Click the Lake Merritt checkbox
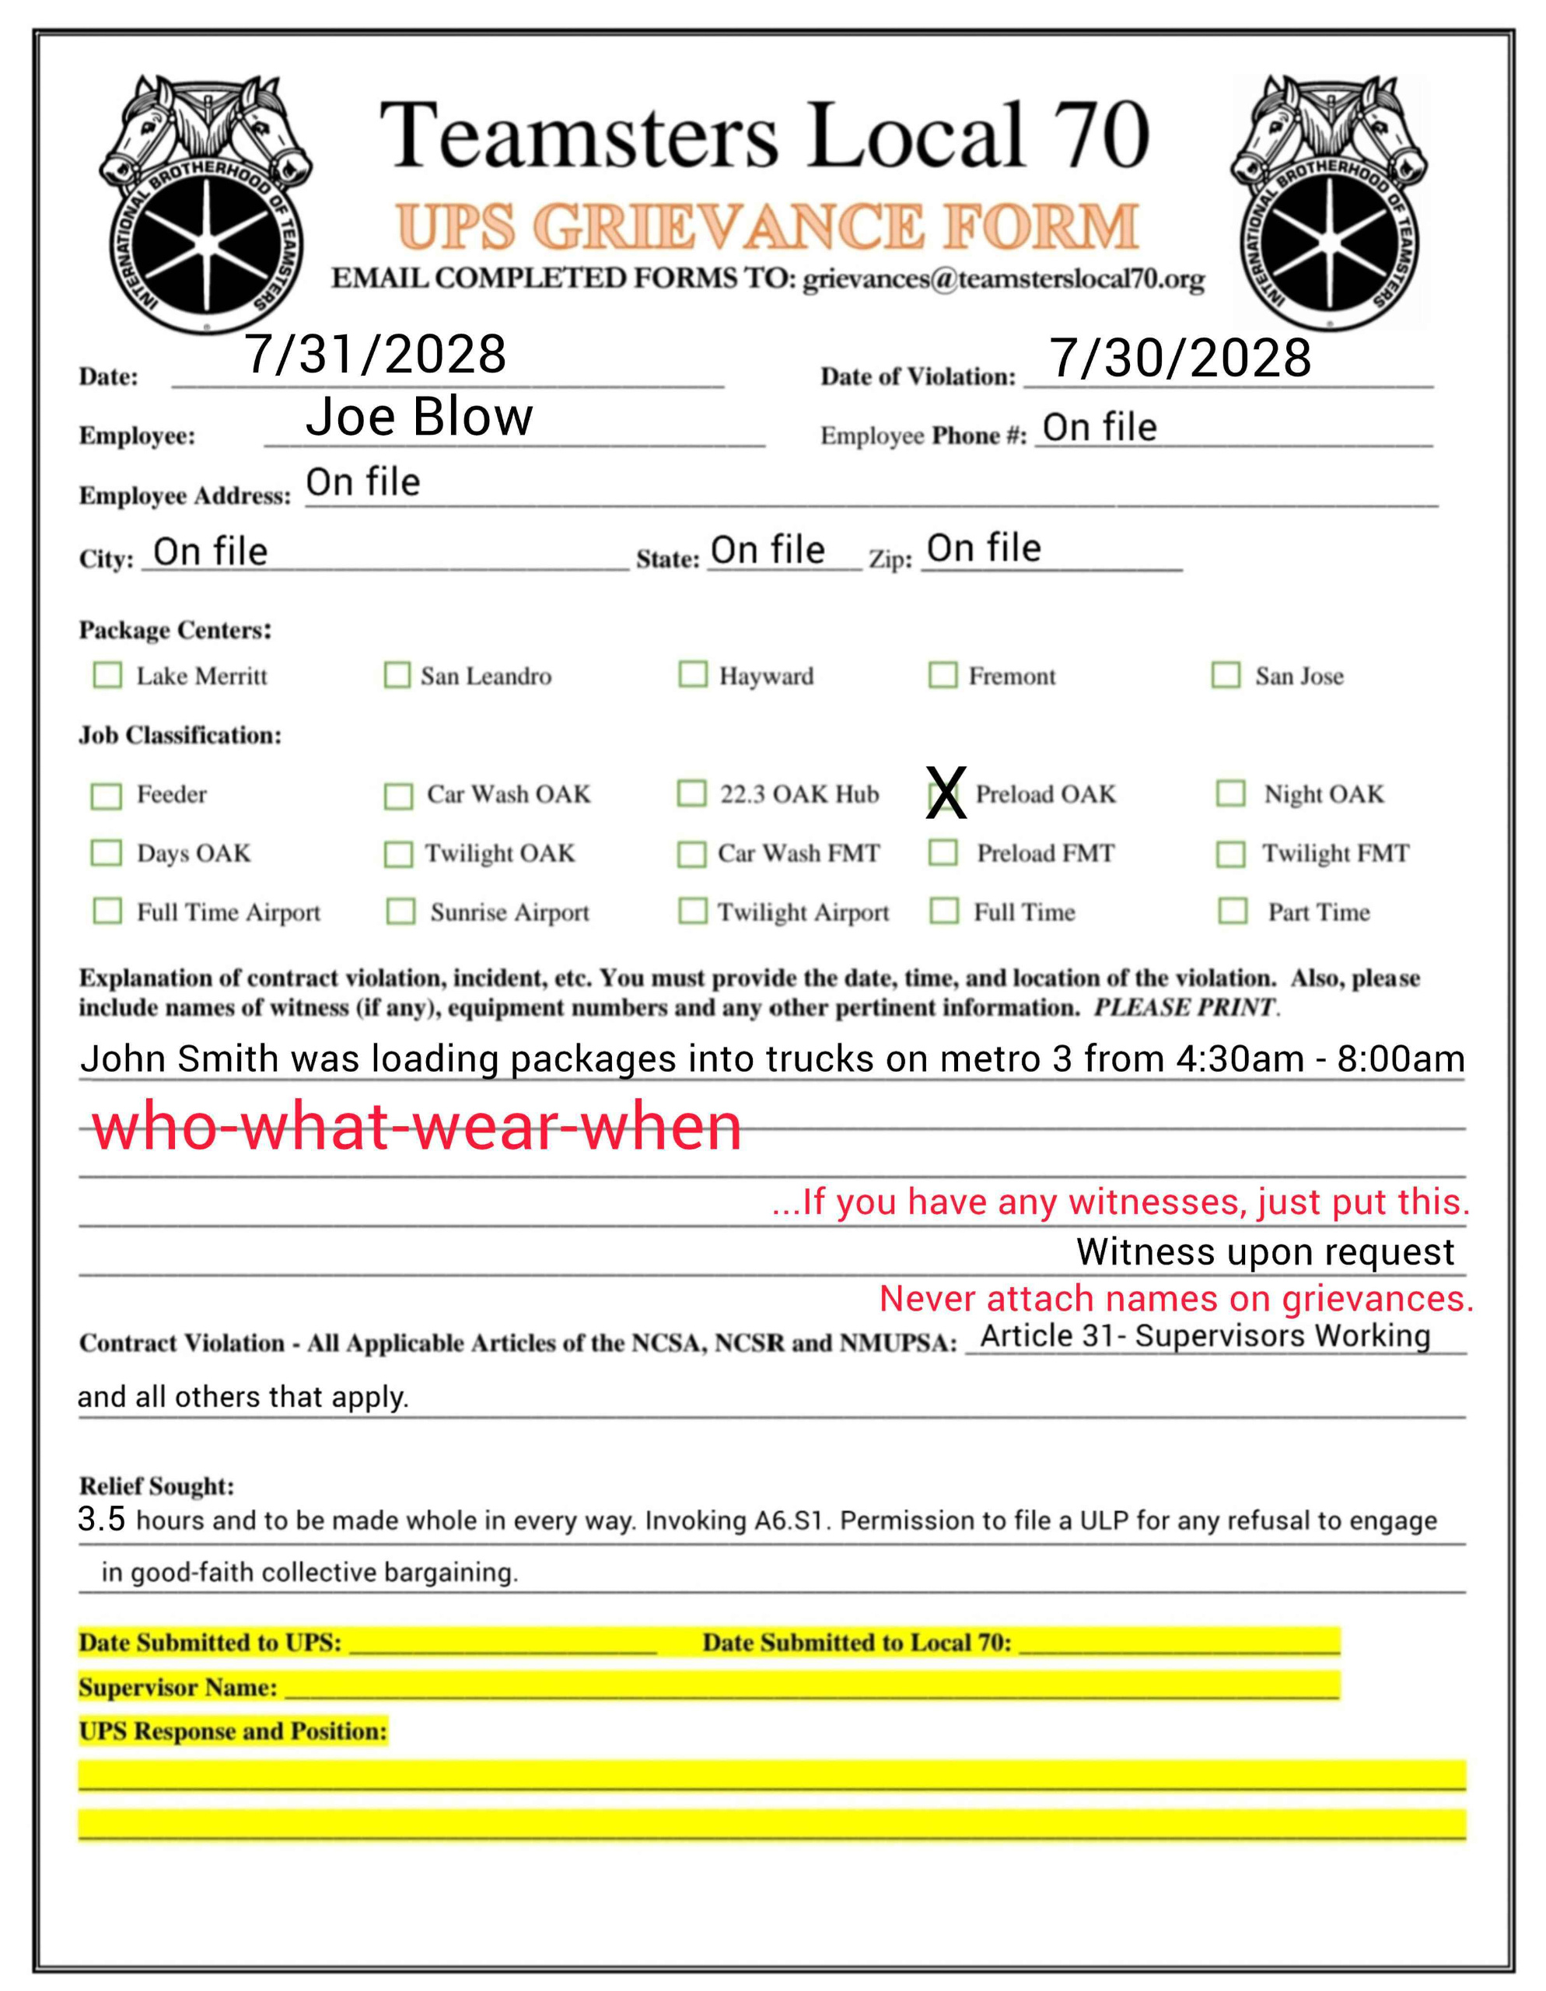click(107, 676)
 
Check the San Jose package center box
click(1225, 676)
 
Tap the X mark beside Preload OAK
click(946, 793)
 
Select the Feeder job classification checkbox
click(107, 796)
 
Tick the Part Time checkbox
click(1233, 911)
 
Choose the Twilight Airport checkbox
click(693, 911)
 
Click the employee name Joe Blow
click(418, 418)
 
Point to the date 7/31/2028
click(376, 355)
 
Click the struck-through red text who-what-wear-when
click(417, 1127)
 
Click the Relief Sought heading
click(157, 1486)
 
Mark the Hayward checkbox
click(693, 674)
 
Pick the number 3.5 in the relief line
click(101, 1519)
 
